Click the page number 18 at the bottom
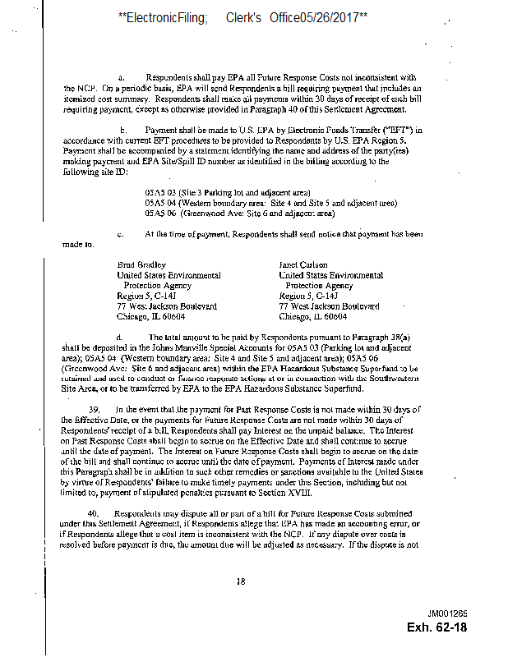click(241, 581)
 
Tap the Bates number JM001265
click(447, 613)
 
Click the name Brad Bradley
click(141, 265)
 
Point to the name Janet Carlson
click(305, 265)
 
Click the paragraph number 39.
click(94, 409)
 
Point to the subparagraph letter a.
click(122, 76)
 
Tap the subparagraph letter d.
click(121, 337)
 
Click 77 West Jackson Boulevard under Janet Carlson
click(330, 306)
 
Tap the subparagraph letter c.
click(121, 234)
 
